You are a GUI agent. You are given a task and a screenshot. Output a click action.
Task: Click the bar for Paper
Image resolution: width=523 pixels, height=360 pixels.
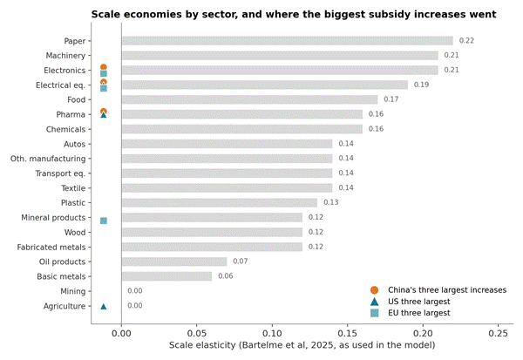[x=287, y=41]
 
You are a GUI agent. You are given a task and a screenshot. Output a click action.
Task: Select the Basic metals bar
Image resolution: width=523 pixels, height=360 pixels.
[x=166, y=276]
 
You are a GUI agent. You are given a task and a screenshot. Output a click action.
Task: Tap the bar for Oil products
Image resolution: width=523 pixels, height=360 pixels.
[x=174, y=262]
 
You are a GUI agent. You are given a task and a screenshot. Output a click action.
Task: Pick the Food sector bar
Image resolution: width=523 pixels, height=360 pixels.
[x=249, y=99]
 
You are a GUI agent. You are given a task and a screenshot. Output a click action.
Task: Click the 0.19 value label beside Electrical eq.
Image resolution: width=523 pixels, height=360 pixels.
[x=421, y=85]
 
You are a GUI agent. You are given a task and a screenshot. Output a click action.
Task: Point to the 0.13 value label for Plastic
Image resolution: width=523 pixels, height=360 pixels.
[x=331, y=202]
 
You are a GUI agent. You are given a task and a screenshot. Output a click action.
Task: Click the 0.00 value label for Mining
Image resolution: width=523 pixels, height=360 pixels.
[x=135, y=291]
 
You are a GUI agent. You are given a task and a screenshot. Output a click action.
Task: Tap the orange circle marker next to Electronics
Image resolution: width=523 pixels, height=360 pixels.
[x=104, y=67]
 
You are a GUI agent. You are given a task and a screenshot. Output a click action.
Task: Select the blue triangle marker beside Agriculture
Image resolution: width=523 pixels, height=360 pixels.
[x=104, y=306]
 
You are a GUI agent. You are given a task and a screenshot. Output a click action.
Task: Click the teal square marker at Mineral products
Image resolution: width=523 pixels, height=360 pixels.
[x=104, y=221]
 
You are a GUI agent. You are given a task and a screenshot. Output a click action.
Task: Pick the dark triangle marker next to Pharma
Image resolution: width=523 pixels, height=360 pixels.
[x=104, y=115]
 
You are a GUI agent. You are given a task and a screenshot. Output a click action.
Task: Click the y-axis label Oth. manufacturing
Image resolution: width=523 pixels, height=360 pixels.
[x=48, y=159]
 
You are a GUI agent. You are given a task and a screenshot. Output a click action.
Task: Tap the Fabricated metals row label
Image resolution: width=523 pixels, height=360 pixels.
[x=51, y=247]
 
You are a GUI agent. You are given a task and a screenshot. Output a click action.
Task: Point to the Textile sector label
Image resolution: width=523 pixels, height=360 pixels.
[x=73, y=188]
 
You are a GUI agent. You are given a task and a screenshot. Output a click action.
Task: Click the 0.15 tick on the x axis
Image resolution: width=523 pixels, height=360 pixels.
[x=348, y=333]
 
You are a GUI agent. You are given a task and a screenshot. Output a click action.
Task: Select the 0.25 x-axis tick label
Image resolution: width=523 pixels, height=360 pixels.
[x=499, y=333]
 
